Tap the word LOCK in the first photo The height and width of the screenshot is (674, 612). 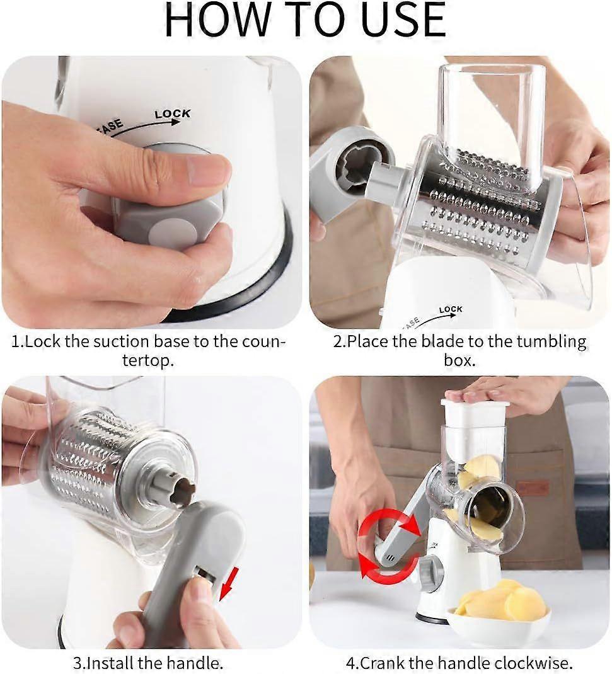pos(172,114)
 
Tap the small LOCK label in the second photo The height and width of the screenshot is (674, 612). pos(451,309)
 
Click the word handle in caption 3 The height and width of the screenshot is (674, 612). pos(194,663)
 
